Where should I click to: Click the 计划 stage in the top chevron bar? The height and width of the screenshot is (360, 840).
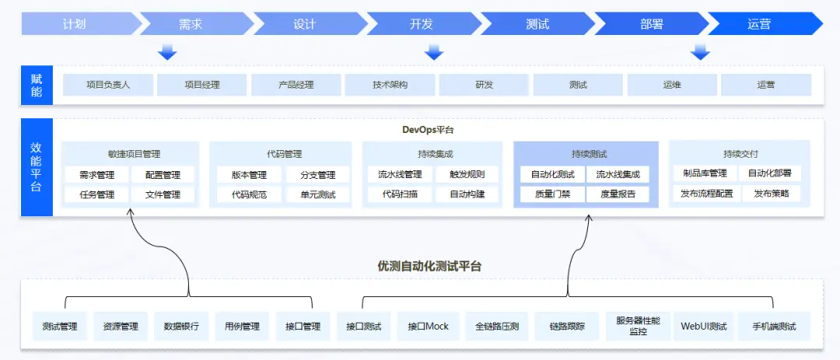[x=75, y=24]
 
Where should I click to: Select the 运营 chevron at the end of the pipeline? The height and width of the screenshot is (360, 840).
[x=759, y=24]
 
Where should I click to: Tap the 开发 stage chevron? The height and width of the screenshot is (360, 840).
[x=421, y=24]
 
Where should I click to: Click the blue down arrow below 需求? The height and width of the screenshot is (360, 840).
[x=167, y=52]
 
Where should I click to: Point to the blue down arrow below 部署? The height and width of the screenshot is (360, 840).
[x=701, y=52]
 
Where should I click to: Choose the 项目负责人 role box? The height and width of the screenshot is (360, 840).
[x=108, y=85]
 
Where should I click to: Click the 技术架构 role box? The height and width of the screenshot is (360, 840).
[x=390, y=85]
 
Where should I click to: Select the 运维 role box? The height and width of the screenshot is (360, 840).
[x=672, y=85]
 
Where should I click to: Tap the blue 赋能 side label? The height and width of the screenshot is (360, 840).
[x=37, y=85]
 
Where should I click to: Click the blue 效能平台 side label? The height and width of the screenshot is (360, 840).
[x=37, y=167]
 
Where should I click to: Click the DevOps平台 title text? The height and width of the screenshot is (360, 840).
[x=428, y=130]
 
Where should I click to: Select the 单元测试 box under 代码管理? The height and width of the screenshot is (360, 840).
[x=317, y=194]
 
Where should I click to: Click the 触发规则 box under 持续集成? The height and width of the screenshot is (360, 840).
[x=467, y=174]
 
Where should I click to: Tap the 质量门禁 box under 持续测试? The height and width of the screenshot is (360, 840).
[x=552, y=194]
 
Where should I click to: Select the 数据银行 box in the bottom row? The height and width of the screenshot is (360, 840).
[x=181, y=327]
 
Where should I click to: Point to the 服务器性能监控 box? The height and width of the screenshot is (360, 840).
[x=638, y=326]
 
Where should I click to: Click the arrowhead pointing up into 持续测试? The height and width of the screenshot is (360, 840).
[x=589, y=218]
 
